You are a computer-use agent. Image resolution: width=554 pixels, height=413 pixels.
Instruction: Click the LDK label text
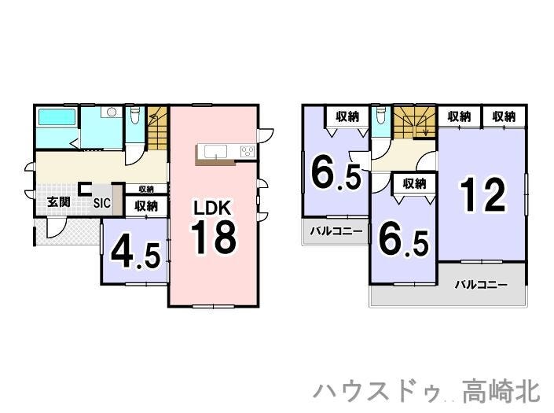tap(213, 208)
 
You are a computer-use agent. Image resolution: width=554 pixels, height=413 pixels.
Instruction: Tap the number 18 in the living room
tap(214, 238)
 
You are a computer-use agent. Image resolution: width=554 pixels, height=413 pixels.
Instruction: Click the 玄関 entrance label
tap(59, 202)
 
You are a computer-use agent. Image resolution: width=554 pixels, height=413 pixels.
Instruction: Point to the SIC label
tap(102, 203)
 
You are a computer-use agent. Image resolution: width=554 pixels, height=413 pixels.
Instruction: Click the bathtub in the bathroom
tap(57, 117)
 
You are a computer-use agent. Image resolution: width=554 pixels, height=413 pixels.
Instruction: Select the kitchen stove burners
tap(248, 151)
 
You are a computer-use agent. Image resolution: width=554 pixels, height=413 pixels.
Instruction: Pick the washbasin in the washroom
tap(111, 112)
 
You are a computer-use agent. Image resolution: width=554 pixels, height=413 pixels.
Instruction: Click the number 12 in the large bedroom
tap(484, 194)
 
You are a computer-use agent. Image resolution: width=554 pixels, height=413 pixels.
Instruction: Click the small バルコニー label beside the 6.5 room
tap(336, 231)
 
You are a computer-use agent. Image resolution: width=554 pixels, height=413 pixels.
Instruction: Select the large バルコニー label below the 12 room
tap(481, 284)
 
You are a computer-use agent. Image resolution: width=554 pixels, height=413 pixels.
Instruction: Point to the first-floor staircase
tap(157, 127)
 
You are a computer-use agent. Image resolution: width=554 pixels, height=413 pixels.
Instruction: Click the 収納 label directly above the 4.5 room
tap(146, 205)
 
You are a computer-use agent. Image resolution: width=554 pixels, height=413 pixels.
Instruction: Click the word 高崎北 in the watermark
tap(501, 391)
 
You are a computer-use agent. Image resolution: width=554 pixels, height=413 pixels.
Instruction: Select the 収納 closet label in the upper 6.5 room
tap(347, 116)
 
